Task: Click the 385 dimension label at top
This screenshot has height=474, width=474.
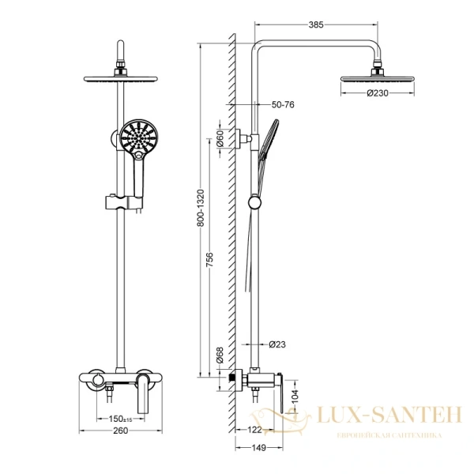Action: pyautogui.click(x=316, y=25)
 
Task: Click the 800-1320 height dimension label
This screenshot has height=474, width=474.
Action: pyautogui.click(x=201, y=208)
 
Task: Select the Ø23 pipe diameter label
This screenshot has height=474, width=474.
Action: pyautogui.click(x=276, y=344)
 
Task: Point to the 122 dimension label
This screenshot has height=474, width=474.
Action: pyautogui.click(x=254, y=431)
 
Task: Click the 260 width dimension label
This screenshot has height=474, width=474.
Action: pyautogui.click(x=121, y=431)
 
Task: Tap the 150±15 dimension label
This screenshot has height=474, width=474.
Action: pyautogui.click(x=121, y=419)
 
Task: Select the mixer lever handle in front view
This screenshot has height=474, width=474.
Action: pyautogui.click(x=144, y=395)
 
